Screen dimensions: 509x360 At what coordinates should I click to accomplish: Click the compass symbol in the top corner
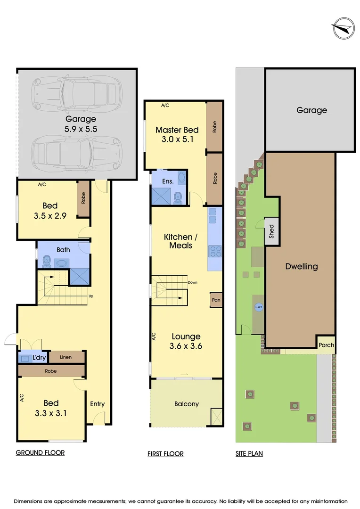(x=343, y=28)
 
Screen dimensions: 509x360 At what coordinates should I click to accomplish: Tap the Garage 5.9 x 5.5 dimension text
(x=81, y=129)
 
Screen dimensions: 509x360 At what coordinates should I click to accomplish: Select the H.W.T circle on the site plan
(x=259, y=307)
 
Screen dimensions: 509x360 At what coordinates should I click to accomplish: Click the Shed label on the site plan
(x=271, y=231)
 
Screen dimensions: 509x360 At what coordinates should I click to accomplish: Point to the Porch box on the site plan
(x=326, y=345)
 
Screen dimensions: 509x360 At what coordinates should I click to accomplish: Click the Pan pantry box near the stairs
(x=216, y=300)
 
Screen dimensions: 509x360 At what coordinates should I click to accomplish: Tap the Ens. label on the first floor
(x=168, y=181)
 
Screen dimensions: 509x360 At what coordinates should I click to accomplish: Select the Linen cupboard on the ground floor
(x=66, y=357)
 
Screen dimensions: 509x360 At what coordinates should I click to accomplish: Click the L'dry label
(x=40, y=358)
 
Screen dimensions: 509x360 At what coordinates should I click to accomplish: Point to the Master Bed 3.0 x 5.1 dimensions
(x=177, y=140)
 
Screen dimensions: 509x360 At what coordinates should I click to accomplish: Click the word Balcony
(x=187, y=404)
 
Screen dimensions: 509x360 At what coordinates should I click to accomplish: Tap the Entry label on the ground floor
(x=98, y=404)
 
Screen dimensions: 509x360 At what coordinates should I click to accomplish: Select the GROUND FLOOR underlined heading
(x=40, y=453)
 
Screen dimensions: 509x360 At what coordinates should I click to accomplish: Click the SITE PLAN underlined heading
(x=249, y=454)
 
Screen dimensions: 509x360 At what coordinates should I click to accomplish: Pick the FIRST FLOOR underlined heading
(x=165, y=454)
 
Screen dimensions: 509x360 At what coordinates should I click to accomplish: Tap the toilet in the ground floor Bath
(x=47, y=261)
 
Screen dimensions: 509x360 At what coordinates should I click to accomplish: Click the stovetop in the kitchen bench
(x=215, y=252)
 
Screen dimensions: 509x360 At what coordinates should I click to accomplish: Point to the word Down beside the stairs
(x=192, y=282)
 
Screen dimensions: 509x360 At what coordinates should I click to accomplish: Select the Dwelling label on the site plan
(x=302, y=266)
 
